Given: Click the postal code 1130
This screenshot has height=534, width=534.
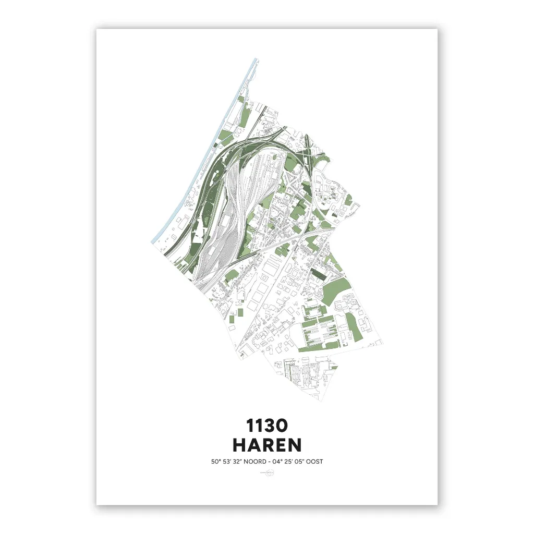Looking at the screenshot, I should click(267, 426).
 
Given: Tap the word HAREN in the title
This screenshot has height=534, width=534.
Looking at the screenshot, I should click(267, 445).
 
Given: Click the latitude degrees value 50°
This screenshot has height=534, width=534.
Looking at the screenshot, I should click(215, 462).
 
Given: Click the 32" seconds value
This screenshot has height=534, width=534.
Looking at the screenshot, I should click(238, 462).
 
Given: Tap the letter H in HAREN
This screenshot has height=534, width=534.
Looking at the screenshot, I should click(240, 445).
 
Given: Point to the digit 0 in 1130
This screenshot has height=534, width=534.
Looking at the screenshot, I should click(280, 426).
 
